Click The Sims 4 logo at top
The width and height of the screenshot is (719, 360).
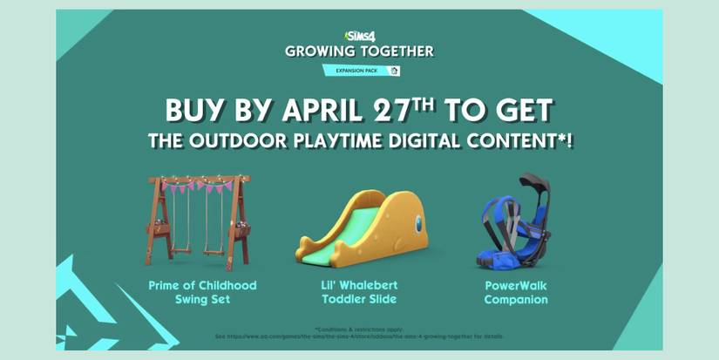pos(360,36)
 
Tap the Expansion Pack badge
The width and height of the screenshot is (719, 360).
pos(360,71)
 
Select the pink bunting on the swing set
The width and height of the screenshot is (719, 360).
pos(200,185)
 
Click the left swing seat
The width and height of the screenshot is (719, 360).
pos(182,250)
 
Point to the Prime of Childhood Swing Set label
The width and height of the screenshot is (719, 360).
pos(201,292)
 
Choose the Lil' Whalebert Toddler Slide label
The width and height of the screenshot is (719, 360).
pos(359,292)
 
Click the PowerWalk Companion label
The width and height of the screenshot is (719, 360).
pos(517,292)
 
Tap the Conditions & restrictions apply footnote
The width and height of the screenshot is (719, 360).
pos(359,329)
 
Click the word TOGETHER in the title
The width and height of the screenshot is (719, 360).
pos(396,51)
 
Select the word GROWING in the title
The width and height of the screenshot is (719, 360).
pos(319,51)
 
